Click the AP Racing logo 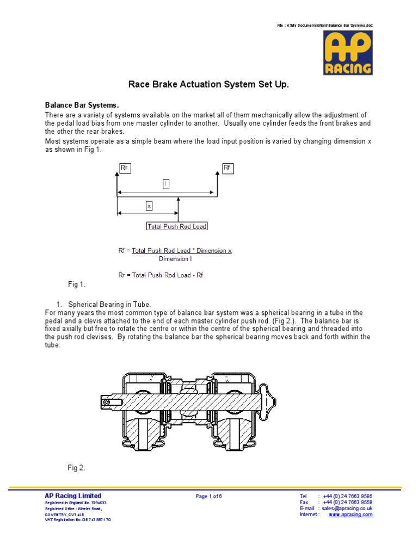(x=348, y=53)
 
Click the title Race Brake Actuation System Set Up (x=208, y=84)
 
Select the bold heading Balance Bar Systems (x=81, y=105)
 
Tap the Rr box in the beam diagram (x=125, y=168)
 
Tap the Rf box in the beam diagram (x=228, y=168)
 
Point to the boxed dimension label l (x=166, y=184)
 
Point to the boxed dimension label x (x=149, y=206)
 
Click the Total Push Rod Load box (x=177, y=226)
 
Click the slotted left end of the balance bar (x=107, y=403)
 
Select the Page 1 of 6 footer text (x=209, y=496)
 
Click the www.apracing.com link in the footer (x=351, y=515)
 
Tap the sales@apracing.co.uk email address (x=347, y=508)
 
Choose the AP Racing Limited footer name (x=73, y=496)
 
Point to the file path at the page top (x=325, y=26)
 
